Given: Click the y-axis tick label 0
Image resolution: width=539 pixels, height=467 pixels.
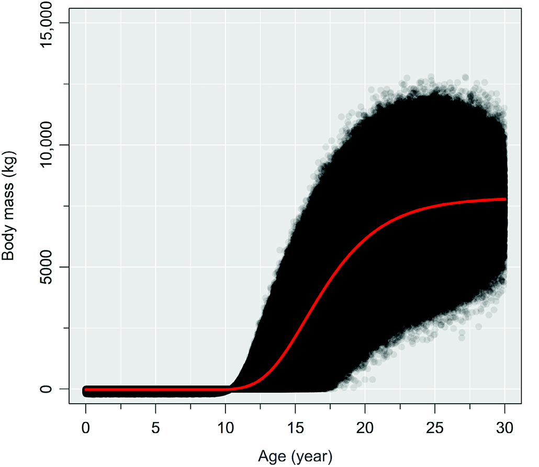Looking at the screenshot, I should (x=48, y=389).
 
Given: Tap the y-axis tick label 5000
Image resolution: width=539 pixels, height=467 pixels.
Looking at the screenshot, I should (x=48, y=267).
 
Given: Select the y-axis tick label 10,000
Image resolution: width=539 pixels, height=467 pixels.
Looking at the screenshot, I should (x=48, y=144).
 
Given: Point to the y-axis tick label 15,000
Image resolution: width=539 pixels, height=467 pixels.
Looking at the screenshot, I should (x=48, y=23).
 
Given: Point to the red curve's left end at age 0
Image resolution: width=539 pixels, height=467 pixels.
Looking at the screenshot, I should (x=86, y=390).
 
